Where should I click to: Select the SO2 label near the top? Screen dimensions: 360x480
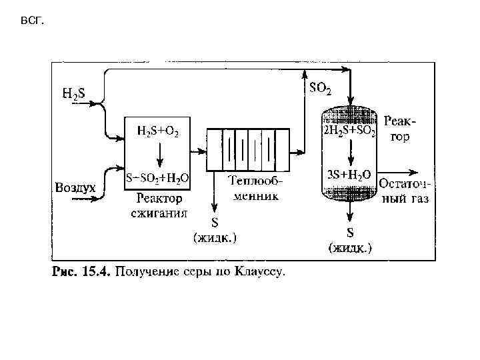click(320, 88)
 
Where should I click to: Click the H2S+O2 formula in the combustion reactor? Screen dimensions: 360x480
click(157, 131)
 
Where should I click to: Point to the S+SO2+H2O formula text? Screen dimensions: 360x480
click(157, 178)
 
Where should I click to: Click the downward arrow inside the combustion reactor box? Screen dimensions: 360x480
click(158, 156)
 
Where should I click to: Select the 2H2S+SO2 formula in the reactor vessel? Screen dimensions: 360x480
click(349, 132)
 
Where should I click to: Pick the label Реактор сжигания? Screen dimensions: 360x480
click(159, 205)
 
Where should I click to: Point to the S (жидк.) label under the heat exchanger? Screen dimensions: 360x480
click(215, 229)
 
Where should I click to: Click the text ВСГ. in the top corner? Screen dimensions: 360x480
click(31, 21)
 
